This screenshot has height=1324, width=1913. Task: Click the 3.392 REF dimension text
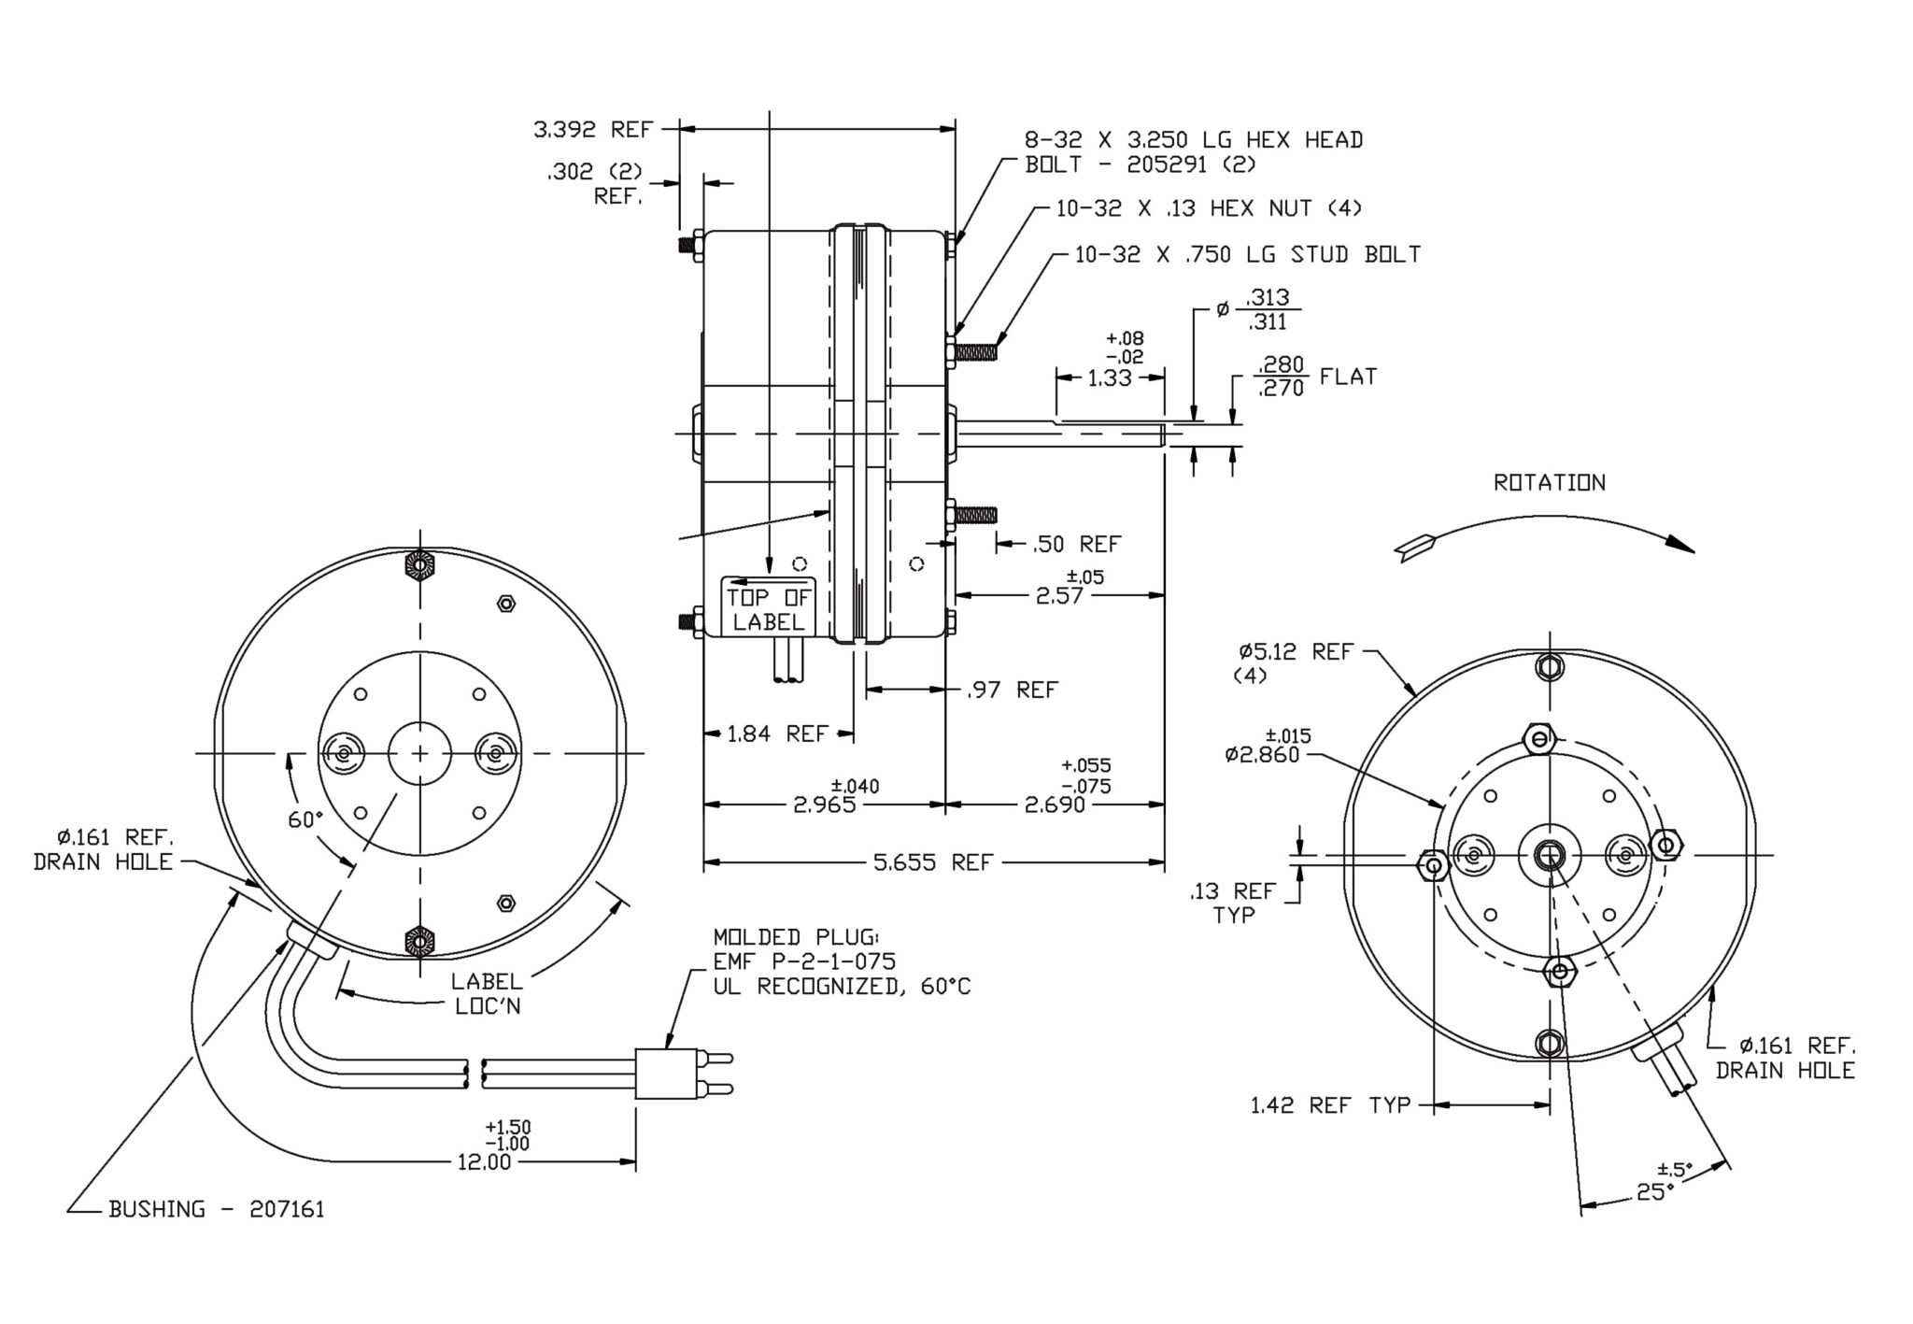tap(592, 130)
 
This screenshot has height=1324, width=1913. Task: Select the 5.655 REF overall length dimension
tap(931, 862)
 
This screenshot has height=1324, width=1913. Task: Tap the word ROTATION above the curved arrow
tap(1549, 483)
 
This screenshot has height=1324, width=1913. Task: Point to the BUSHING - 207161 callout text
tap(216, 1210)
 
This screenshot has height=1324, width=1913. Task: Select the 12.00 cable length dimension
tap(484, 1163)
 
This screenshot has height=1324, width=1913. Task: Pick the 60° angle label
tap(305, 820)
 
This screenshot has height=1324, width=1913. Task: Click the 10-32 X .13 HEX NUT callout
tap(1209, 208)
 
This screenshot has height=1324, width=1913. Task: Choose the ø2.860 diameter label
tap(1262, 754)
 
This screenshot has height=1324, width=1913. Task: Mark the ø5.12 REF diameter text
tap(1296, 652)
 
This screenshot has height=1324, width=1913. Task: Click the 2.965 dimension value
tap(824, 804)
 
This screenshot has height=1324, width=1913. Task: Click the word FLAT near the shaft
tap(1348, 377)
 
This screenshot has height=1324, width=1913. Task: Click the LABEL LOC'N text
tap(487, 994)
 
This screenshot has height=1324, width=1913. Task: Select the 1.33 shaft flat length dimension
tap(1109, 378)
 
